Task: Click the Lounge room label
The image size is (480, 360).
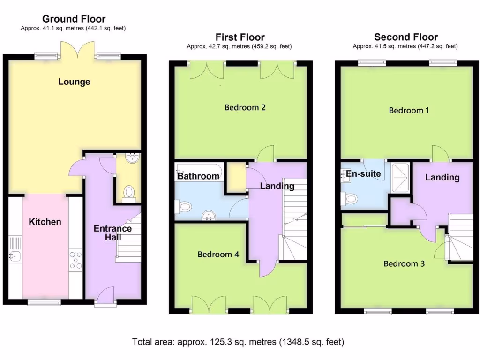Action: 74,82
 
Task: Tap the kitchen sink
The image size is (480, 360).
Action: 15,256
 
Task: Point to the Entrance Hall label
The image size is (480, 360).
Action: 112,233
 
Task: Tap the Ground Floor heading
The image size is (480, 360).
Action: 74,19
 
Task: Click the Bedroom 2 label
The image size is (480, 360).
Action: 245,107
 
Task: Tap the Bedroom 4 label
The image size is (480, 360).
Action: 218,255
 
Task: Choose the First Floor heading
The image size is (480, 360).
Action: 240,37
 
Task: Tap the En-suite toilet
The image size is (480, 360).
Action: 349,199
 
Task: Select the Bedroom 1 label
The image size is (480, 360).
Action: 409,110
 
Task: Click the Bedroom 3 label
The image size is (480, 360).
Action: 404,264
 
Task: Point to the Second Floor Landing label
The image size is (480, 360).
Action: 442,177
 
